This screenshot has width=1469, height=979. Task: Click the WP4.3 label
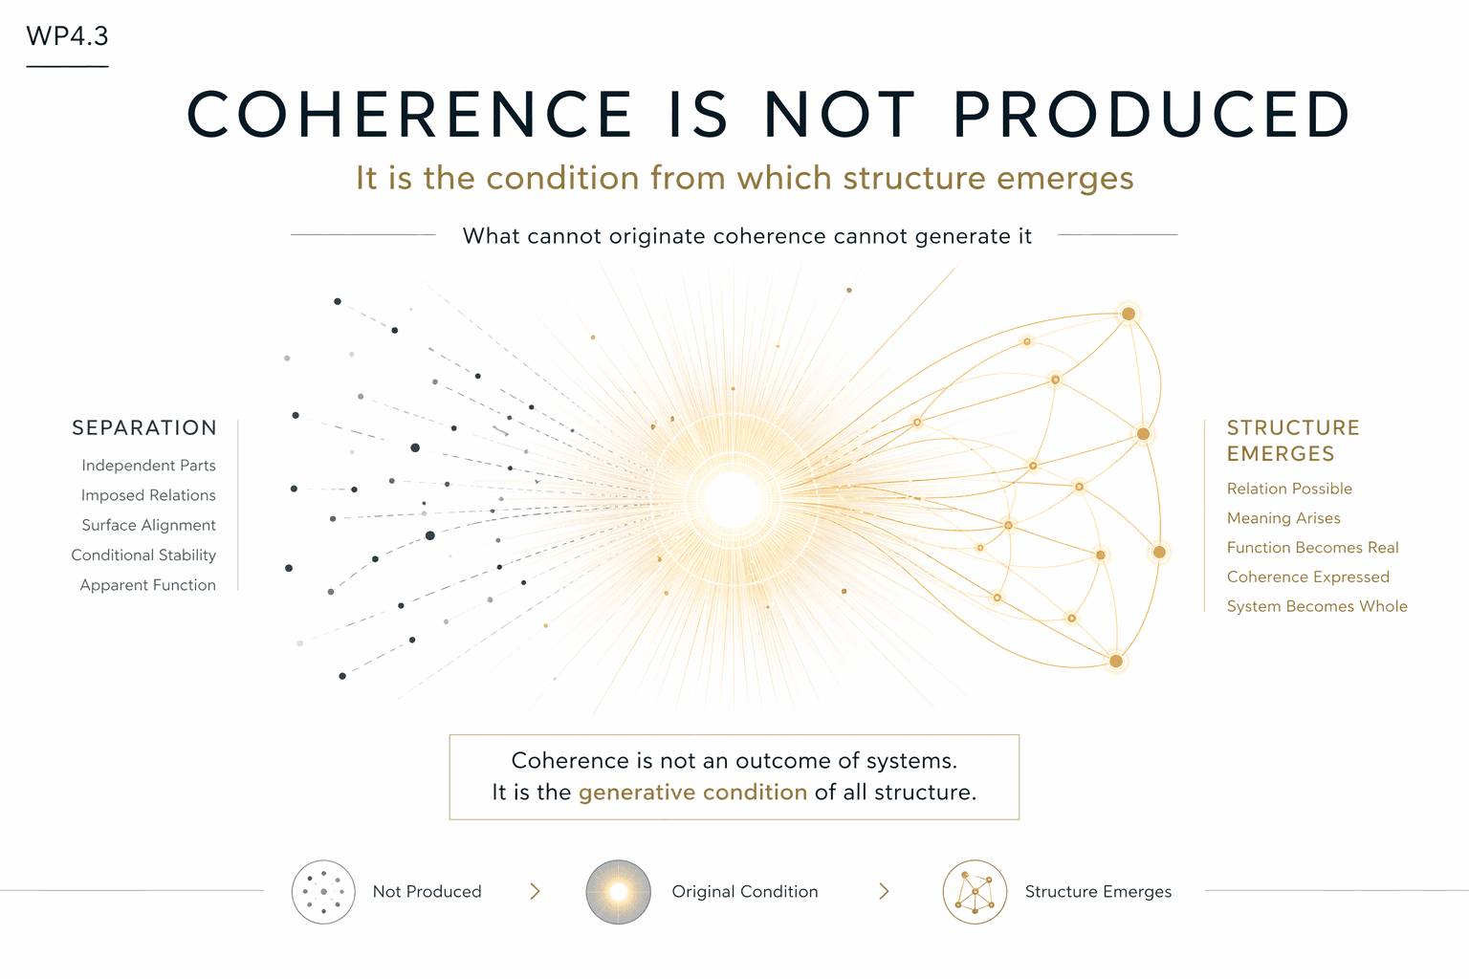(67, 36)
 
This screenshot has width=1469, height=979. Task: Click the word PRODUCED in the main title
(1151, 115)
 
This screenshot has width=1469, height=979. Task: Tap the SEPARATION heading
(144, 428)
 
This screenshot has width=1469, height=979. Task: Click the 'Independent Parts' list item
(148, 466)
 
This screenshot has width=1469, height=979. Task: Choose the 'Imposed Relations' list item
(148, 495)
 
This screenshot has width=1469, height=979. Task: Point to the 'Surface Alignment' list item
(148, 525)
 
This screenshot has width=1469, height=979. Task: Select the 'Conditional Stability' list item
(143, 555)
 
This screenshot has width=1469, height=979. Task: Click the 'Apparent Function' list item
(147, 585)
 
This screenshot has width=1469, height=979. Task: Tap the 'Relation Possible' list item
(1289, 489)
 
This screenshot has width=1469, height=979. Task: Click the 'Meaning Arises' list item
(1283, 518)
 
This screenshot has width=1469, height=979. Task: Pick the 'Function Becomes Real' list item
(1312, 548)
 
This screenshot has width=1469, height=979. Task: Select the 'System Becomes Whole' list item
(1317, 606)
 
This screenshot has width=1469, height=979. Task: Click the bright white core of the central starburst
(734, 500)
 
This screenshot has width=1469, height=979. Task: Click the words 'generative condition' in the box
(692, 793)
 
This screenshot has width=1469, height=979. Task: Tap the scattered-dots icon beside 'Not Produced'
(323, 892)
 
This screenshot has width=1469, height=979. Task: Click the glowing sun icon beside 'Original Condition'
(618, 892)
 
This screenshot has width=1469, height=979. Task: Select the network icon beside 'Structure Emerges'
(975, 892)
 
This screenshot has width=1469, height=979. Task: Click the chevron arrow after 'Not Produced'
(536, 892)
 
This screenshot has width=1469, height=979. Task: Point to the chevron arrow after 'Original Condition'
(884, 892)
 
